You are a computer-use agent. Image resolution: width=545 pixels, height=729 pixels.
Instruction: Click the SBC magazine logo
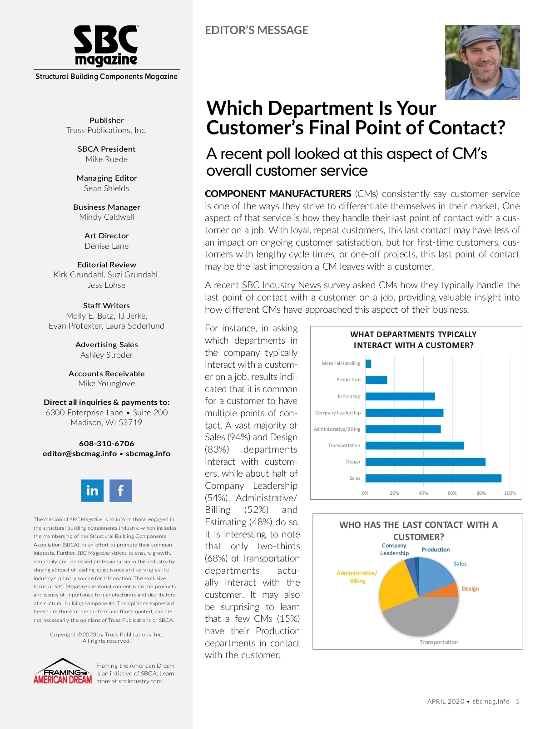[106, 46]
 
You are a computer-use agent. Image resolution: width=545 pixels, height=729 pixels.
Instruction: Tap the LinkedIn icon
[92, 490]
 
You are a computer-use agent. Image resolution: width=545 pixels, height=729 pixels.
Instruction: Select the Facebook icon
[120, 490]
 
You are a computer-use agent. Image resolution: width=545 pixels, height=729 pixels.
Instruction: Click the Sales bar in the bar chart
[433, 478]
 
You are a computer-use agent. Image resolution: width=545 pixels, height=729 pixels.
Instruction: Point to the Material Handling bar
[368, 364]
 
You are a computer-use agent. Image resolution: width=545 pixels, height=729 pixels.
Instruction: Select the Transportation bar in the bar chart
[414, 445]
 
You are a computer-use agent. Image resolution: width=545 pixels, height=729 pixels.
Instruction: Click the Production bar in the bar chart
[376, 380]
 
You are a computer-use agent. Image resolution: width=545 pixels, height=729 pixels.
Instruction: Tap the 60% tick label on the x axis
[452, 493]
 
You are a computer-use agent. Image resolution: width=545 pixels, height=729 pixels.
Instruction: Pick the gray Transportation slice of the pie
[420, 617]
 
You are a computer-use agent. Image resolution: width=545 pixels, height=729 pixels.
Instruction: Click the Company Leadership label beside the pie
[394, 549]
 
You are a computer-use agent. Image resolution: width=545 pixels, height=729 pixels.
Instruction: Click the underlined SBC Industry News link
[281, 285]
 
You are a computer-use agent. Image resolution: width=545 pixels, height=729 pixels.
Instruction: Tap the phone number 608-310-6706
[106, 443]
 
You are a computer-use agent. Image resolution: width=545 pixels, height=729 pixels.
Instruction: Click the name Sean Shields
[106, 188]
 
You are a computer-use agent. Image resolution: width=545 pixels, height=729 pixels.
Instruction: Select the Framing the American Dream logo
[63, 672]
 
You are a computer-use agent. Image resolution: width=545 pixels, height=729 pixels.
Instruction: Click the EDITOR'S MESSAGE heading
[257, 30]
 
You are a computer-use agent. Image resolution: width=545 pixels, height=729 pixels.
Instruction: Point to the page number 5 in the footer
[517, 701]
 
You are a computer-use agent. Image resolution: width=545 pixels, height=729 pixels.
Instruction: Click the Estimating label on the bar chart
[349, 396]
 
